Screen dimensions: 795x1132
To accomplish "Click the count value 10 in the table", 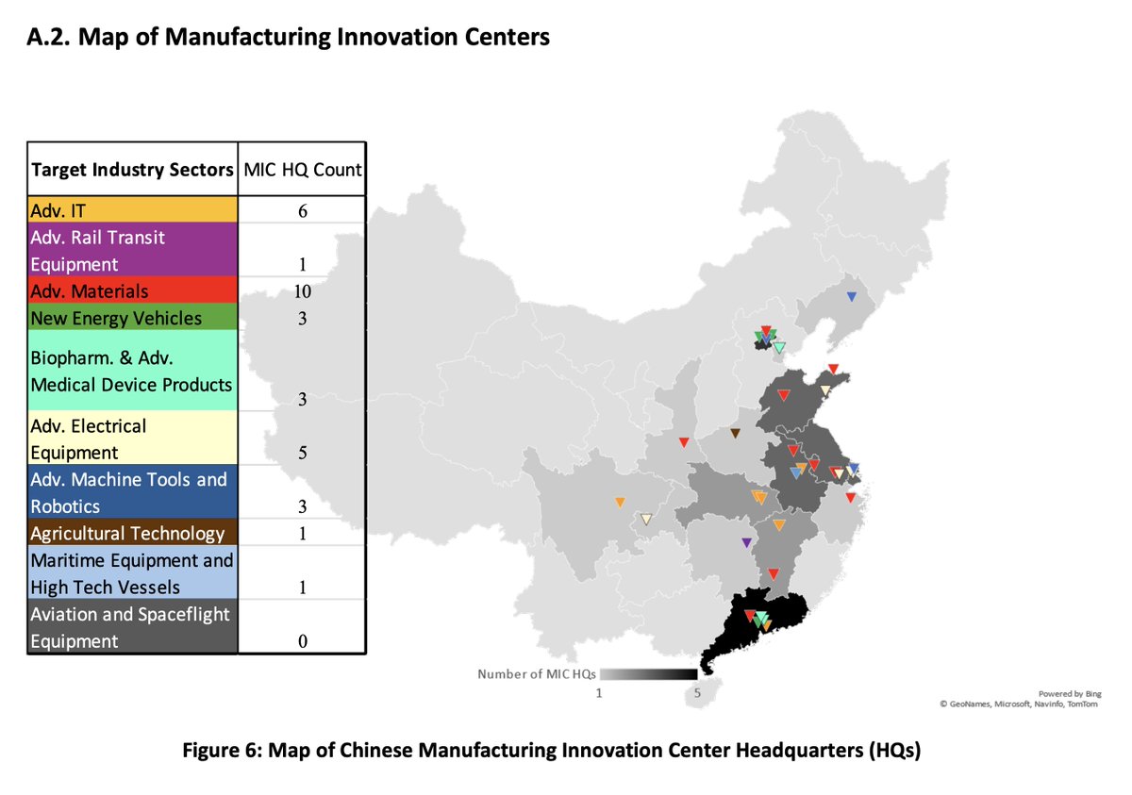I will click(x=301, y=291).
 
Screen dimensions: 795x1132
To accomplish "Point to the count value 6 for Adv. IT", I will click(x=302, y=210).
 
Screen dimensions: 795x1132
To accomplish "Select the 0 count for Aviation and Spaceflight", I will click(x=302, y=641).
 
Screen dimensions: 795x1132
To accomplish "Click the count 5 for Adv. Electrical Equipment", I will click(x=302, y=453).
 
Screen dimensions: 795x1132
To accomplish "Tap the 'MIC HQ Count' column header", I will click(x=302, y=170).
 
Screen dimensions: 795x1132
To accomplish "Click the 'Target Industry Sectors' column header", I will click(x=132, y=170).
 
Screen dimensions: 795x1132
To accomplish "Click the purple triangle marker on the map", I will click(x=746, y=542).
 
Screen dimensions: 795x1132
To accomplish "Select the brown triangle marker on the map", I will click(x=735, y=434).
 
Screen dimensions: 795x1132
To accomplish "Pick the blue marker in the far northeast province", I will click(x=851, y=297).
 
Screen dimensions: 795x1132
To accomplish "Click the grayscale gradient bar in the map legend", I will click(x=649, y=674).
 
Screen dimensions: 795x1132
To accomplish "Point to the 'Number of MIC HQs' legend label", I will click(x=537, y=674).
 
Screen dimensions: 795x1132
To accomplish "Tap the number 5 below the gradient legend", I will click(x=697, y=692).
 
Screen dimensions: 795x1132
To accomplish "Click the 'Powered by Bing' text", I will click(x=1074, y=693).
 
